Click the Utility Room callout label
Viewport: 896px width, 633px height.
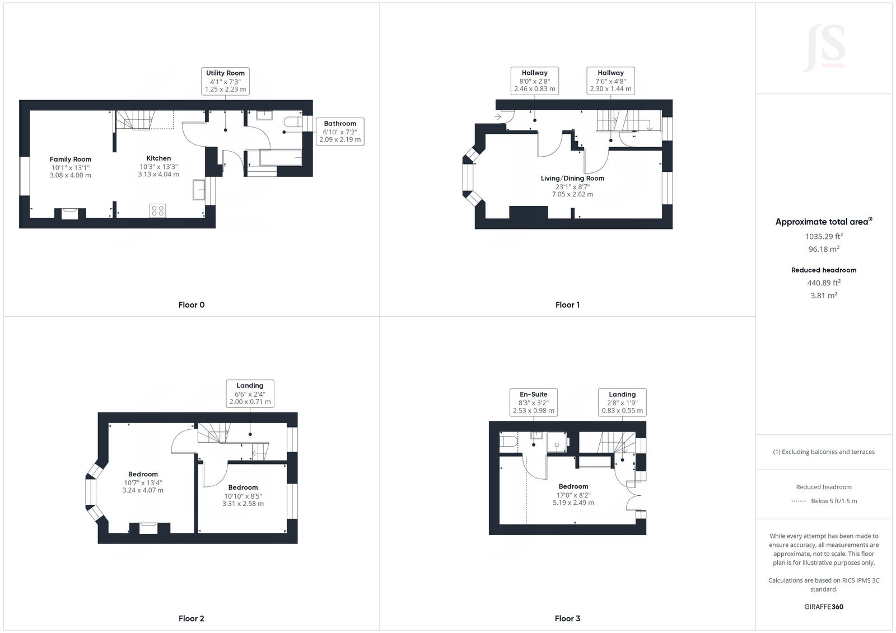click(225, 81)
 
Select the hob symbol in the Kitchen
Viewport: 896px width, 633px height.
click(158, 210)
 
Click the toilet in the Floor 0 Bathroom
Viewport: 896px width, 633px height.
click(292, 122)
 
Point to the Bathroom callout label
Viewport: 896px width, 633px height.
click(340, 132)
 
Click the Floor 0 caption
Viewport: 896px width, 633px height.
click(192, 305)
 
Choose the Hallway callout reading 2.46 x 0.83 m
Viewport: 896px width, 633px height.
click(535, 81)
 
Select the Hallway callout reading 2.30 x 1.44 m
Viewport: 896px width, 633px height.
click(610, 81)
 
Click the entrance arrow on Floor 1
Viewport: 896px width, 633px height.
click(498, 117)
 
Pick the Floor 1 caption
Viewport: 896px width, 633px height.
click(567, 305)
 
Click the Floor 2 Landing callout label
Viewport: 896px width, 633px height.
click(250, 393)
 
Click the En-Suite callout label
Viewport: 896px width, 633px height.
click(534, 402)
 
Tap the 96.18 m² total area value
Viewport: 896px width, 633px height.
click(823, 249)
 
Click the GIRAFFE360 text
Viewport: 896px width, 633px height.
click(824, 607)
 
